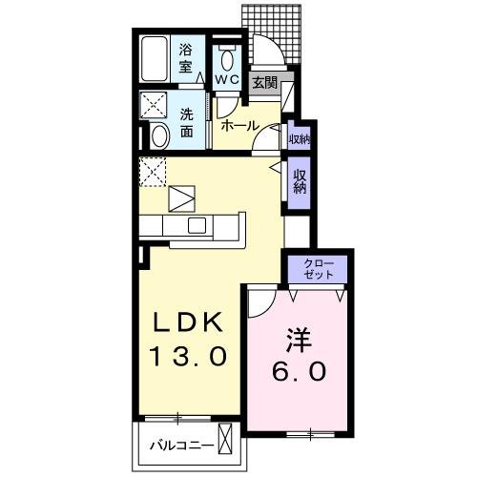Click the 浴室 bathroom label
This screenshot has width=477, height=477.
point(188,58)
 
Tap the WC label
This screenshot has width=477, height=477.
point(226,79)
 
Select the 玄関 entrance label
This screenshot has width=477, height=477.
point(264,83)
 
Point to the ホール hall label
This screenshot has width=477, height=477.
point(238,125)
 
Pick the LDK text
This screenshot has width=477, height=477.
point(187,323)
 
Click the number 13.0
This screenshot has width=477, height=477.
point(187,358)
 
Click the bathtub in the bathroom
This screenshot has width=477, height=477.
point(154,60)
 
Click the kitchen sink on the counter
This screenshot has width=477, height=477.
point(197,226)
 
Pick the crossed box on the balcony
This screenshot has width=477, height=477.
point(225,442)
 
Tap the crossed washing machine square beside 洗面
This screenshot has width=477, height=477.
point(153,106)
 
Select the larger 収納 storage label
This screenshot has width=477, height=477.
point(300,179)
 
